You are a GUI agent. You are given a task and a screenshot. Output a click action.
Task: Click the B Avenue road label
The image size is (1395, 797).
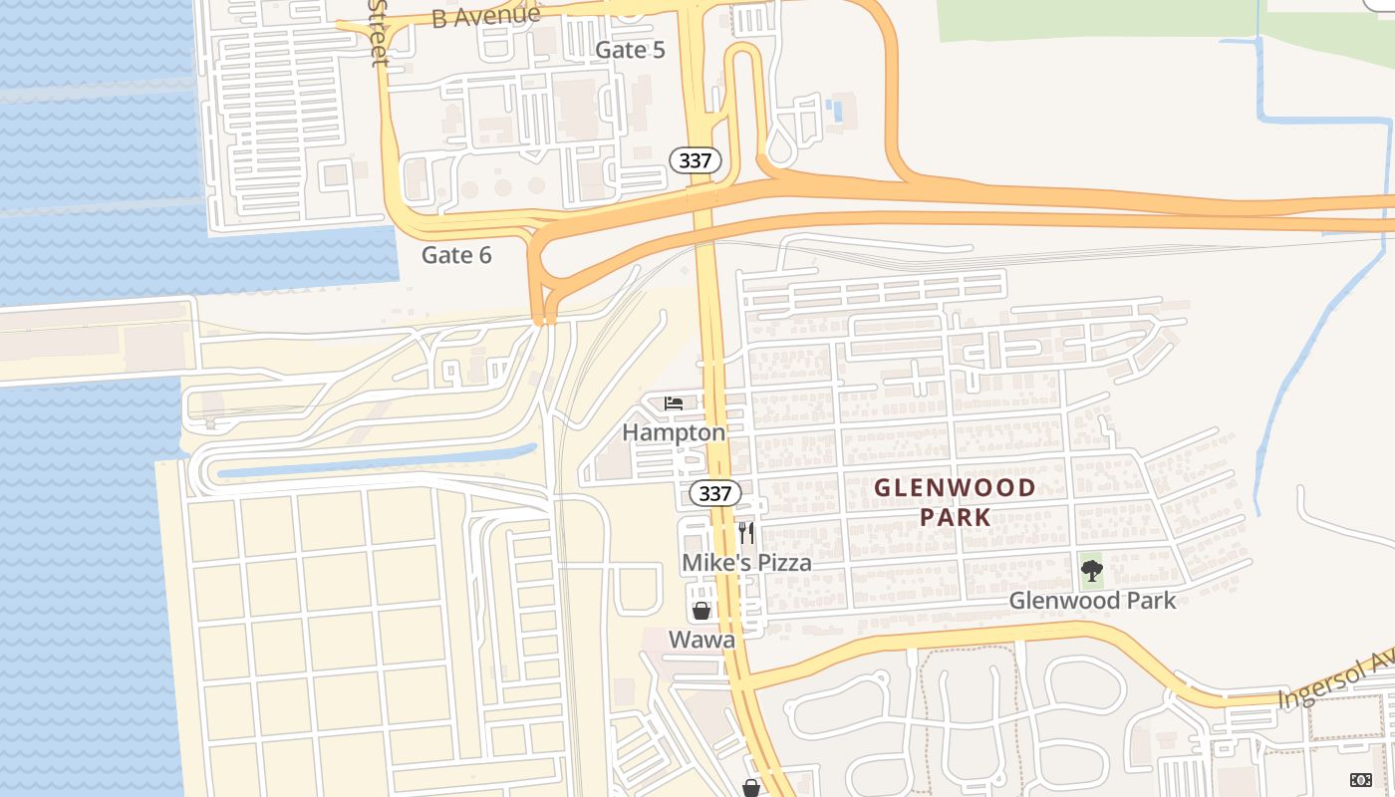(486, 16)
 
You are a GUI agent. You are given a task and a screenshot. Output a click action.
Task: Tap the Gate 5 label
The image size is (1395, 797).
(630, 50)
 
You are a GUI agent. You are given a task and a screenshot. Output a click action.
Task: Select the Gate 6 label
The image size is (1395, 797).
(456, 255)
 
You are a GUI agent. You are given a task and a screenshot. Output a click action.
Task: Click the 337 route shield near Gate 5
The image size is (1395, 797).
(695, 160)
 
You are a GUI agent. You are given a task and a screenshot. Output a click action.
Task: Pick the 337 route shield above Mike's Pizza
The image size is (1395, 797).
(714, 493)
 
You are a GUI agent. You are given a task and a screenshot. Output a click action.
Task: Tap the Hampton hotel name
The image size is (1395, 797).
(674, 432)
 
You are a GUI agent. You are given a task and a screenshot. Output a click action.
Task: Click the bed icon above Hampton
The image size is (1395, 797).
(674, 403)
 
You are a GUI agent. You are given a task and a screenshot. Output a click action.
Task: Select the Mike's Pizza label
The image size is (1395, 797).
(746, 563)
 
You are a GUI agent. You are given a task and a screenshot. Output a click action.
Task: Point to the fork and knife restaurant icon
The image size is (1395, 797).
(746, 533)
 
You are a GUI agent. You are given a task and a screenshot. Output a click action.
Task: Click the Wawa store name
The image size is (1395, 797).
(701, 640)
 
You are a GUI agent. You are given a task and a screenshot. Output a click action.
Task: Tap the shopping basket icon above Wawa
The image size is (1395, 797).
(701, 611)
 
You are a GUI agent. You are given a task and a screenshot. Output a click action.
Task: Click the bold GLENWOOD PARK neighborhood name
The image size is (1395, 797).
(955, 502)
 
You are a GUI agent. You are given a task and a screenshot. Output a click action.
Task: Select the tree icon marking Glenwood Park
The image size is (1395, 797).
(1092, 571)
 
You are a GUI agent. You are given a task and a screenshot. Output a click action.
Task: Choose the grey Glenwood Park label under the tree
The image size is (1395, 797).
(1092, 601)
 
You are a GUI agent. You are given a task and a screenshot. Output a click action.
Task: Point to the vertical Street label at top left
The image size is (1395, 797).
(378, 32)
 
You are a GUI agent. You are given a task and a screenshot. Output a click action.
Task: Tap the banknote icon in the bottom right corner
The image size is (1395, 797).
(1360, 779)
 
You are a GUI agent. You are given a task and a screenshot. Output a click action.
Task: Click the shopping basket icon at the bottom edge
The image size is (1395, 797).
(751, 788)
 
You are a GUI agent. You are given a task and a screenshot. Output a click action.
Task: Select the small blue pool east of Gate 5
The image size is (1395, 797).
(835, 111)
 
